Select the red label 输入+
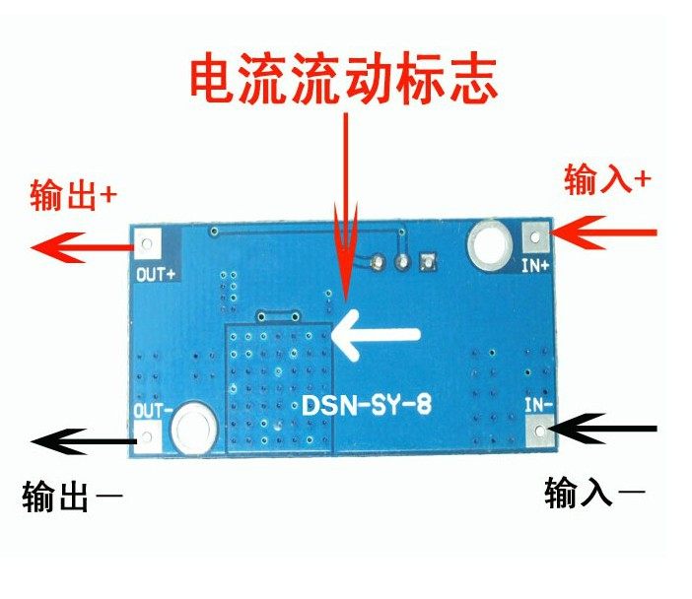coord(607,179)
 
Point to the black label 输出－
coord(74,497)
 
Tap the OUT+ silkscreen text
coord(155,275)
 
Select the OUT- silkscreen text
coord(153,406)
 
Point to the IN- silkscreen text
coord(535,404)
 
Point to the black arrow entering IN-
coord(603,430)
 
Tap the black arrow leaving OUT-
coord(79,440)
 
